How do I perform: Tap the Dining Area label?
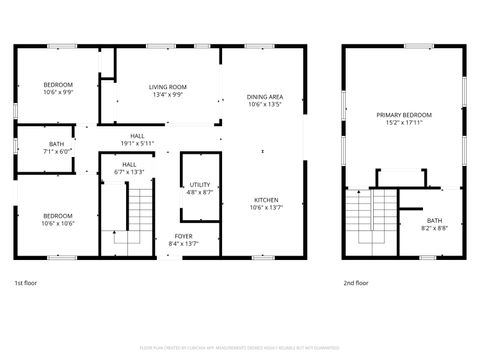point(265,97)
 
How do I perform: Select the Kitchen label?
point(265,200)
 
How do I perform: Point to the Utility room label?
point(200,185)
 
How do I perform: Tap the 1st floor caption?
point(27,283)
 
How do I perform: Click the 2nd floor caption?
point(355,283)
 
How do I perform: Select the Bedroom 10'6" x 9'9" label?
point(58,84)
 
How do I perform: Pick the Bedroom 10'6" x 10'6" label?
point(58,216)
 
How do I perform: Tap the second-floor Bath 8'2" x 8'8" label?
point(434,220)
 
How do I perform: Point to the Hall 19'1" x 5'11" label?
point(138,137)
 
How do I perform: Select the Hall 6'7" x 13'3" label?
point(130,165)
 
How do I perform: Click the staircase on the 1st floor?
point(138,215)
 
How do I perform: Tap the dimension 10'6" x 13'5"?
point(265,104)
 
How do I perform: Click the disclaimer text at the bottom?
point(239,347)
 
